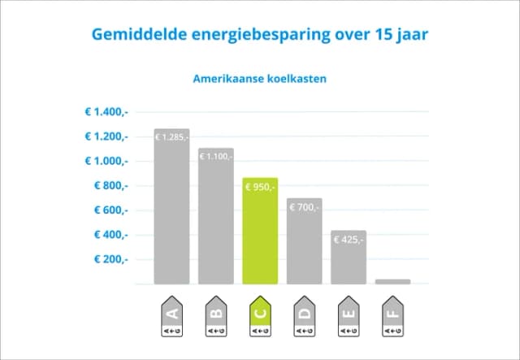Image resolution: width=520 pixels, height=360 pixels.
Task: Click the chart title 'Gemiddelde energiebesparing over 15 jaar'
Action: click(x=260, y=36)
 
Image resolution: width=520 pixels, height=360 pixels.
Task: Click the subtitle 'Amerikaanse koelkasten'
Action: click(x=260, y=80)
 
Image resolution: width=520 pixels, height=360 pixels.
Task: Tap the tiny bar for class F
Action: click(x=392, y=281)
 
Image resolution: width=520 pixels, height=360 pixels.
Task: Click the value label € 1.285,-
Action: click(x=171, y=137)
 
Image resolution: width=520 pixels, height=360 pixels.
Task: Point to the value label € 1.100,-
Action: click(x=216, y=155)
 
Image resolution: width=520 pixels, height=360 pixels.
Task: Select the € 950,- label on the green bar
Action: click(x=260, y=188)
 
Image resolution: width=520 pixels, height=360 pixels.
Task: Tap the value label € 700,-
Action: click(x=304, y=208)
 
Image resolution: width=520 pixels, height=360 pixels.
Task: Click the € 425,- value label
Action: click(x=349, y=240)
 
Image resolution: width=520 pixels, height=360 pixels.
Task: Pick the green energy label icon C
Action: click(x=260, y=318)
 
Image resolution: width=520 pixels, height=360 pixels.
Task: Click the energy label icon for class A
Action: click(x=171, y=318)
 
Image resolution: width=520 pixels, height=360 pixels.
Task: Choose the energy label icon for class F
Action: click(x=392, y=318)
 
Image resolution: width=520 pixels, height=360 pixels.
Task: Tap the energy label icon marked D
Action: click(x=304, y=318)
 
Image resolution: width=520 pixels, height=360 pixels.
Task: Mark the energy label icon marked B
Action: click(x=216, y=318)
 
